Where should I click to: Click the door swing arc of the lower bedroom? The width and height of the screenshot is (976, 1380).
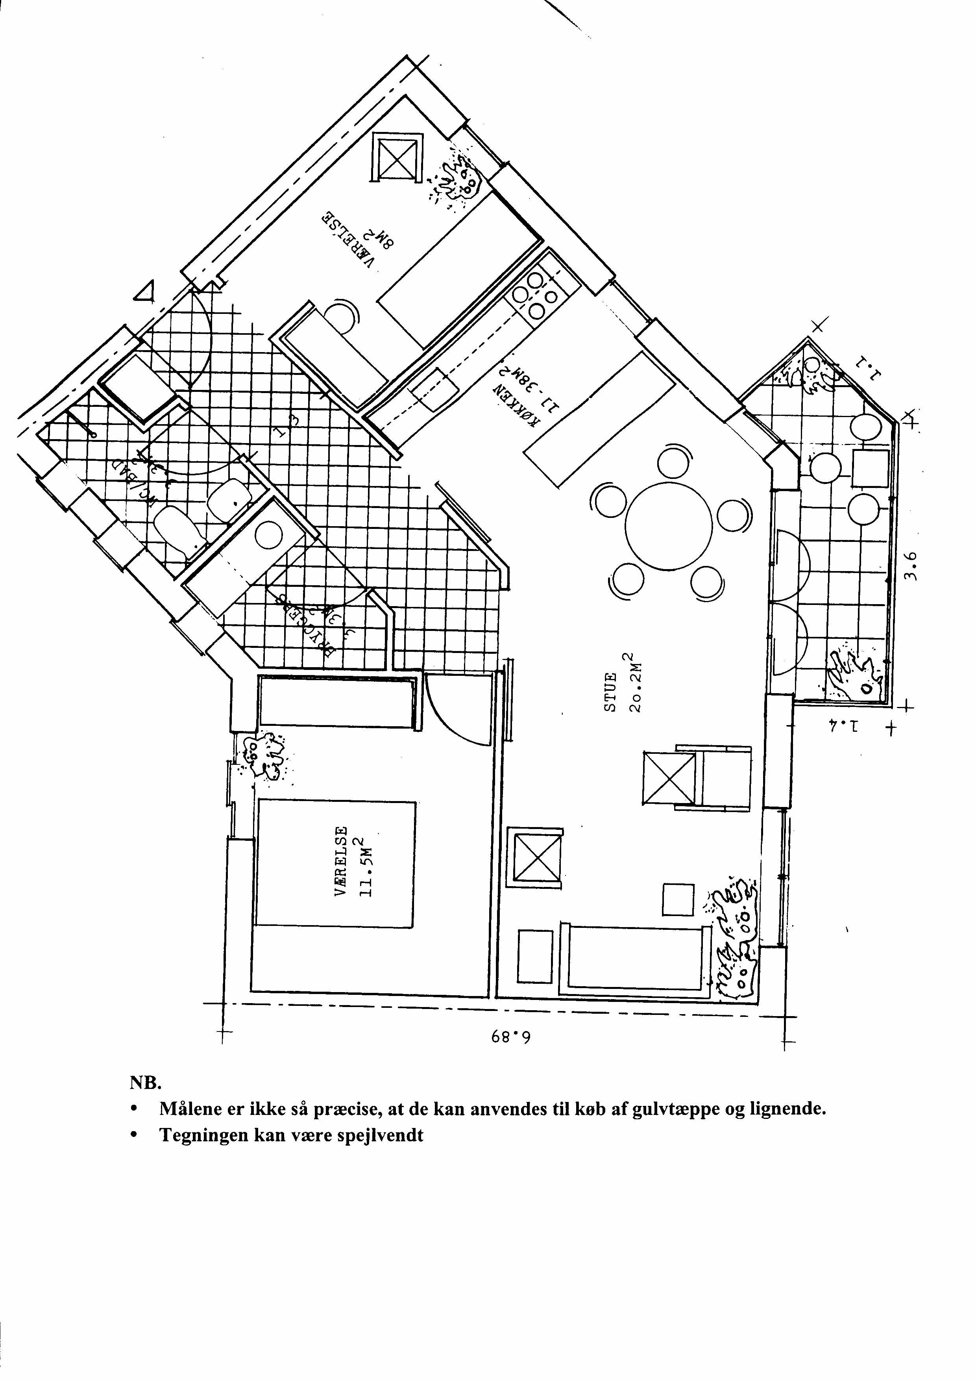(457, 716)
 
